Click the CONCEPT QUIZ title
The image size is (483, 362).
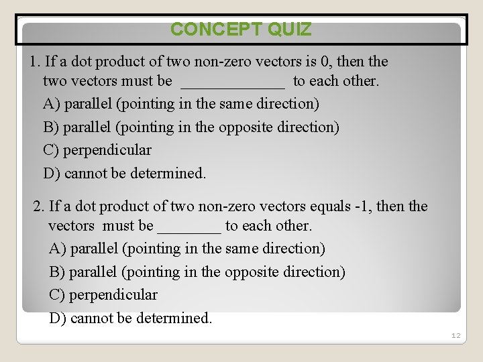pyautogui.click(x=241, y=29)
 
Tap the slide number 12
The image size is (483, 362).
pyautogui.click(x=456, y=335)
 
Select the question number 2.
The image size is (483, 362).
pyautogui.click(x=38, y=206)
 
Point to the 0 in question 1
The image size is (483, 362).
pyautogui.click(x=326, y=62)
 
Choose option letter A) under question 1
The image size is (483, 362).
pyautogui.click(x=51, y=105)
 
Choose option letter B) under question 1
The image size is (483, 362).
pyautogui.click(x=51, y=127)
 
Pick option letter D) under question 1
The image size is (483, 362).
pyautogui.click(x=51, y=174)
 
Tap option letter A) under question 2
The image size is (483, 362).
pyautogui.click(x=58, y=249)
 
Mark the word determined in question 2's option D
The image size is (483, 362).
pyautogui.click(x=174, y=318)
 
